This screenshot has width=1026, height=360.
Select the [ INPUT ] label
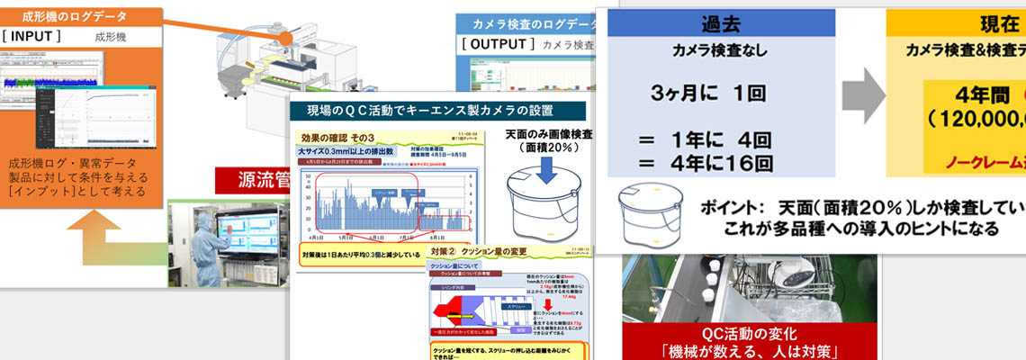pyautogui.click(x=33, y=37)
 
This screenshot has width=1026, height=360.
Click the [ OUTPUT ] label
pyautogui.click(x=498, y=43)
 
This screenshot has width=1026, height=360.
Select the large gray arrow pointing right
pyautogui.click(x=863, y=93)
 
